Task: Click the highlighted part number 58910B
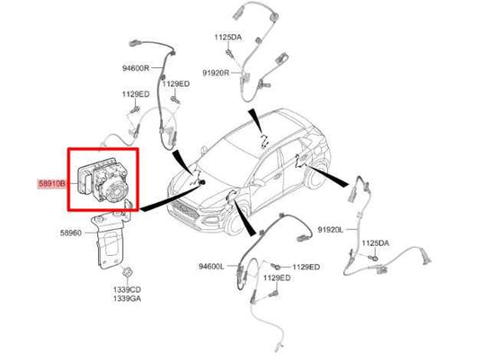[51, 184]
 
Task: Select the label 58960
[71, 233]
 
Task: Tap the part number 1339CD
[127, 289]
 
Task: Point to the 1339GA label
[127, 298]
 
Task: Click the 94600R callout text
[136, 68]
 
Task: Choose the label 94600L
[211, 267]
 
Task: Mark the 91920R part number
[216, 74]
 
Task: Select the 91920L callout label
[331, 230]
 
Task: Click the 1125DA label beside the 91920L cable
[376, 243]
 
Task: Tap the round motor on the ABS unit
[115, 191]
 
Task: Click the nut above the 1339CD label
[127, 272]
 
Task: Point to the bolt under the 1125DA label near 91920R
[230, 53]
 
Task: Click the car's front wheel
[235, 222]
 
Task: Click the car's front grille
[184, 210]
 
